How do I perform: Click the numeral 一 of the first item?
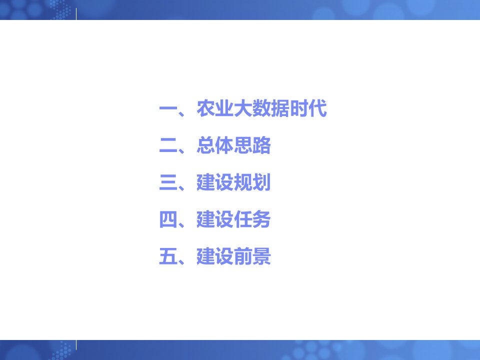(168, 108)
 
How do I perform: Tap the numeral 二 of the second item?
(168, 145)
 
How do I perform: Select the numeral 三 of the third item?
(168, 182)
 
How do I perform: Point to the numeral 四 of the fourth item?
(168, 219)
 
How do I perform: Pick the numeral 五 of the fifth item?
(168, 256)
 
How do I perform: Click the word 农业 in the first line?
(215, 108)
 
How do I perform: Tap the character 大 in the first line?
(243, 108)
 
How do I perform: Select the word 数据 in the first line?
(270, 108)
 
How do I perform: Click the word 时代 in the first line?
(308, 108)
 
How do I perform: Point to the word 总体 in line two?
(215, 145)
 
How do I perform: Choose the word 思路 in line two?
(252, 145)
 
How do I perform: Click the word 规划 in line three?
(252, 182)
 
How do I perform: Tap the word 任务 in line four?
(252, 219)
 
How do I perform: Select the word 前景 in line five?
(252, 256)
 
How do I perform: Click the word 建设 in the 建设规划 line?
(215, 182)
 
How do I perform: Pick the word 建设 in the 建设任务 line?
(215, 219)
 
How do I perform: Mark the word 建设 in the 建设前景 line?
(215, 256)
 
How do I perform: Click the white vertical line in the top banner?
(76, 14)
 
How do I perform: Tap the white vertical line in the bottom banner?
(76, 345)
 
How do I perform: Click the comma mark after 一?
(181, 114)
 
